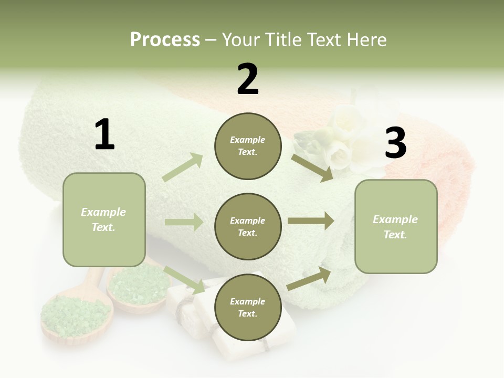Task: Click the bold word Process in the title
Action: [165, 39]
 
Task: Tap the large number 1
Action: [104, 134]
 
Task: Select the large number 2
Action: [248, 79]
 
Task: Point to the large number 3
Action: [395, 143]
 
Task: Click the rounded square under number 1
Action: [104, 219]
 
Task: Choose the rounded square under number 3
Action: [396, 226]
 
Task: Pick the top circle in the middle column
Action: [248, 146]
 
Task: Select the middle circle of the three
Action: [248, 226]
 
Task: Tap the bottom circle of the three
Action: [248, 307]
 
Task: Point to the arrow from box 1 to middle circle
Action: [184, 223]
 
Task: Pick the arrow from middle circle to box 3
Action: [310, 220]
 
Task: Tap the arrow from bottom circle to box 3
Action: [309, 278]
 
